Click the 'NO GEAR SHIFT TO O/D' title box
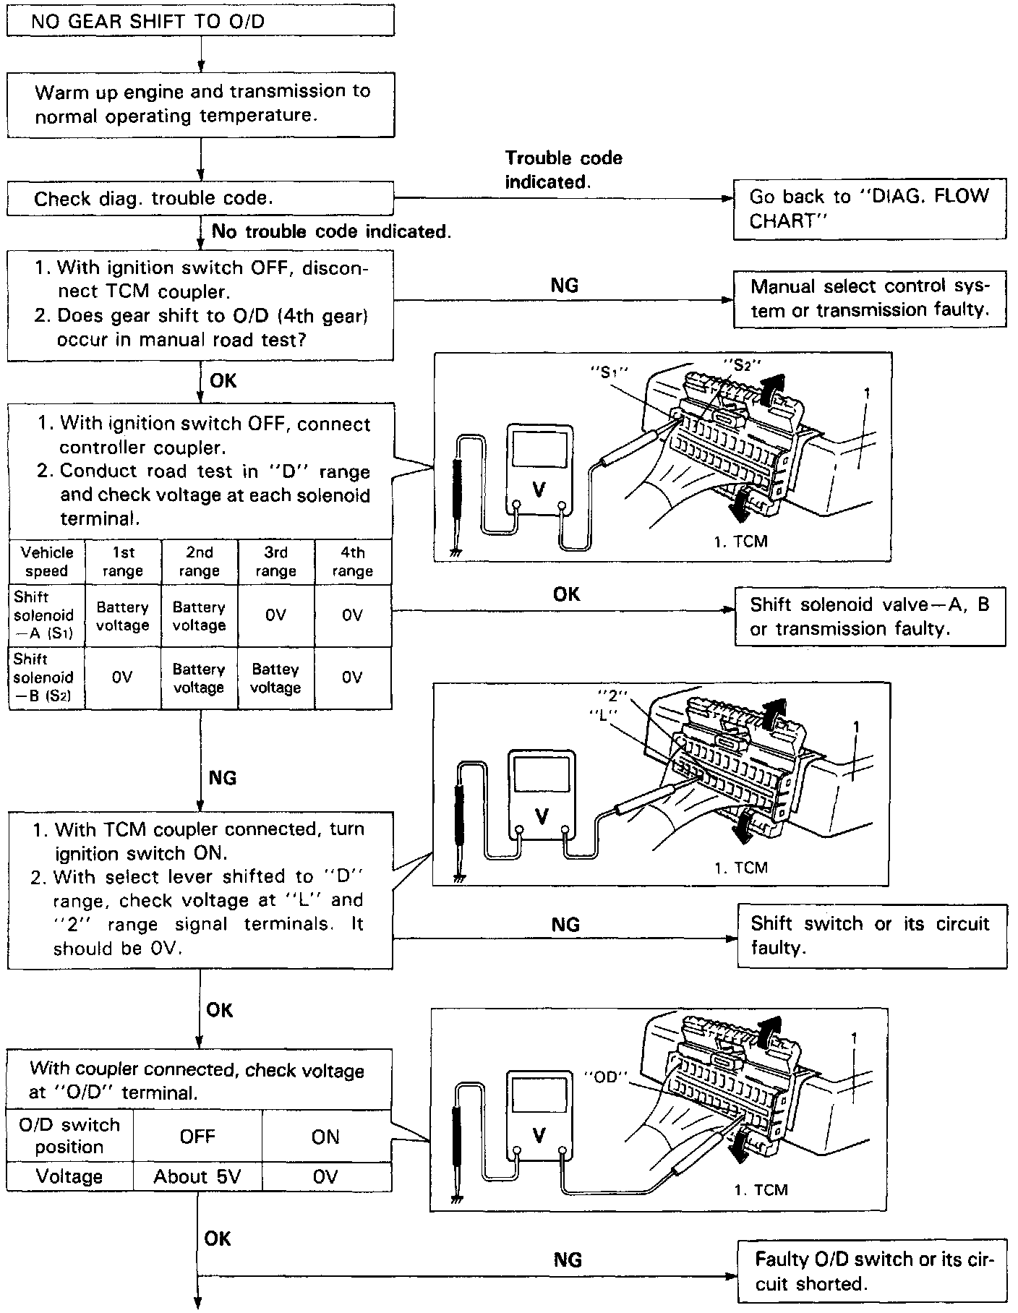200,21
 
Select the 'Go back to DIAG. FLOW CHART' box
869,208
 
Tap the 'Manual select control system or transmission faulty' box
869,299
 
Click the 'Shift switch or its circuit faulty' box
871,936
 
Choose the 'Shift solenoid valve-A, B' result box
869,616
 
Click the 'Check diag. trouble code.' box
200,199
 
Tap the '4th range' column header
352,562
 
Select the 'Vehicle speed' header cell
47,562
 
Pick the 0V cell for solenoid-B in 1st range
122,677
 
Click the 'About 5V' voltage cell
197,1177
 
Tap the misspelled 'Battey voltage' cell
275,678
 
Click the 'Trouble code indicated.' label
563,170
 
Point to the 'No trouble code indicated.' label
331,231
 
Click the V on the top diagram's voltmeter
539,489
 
